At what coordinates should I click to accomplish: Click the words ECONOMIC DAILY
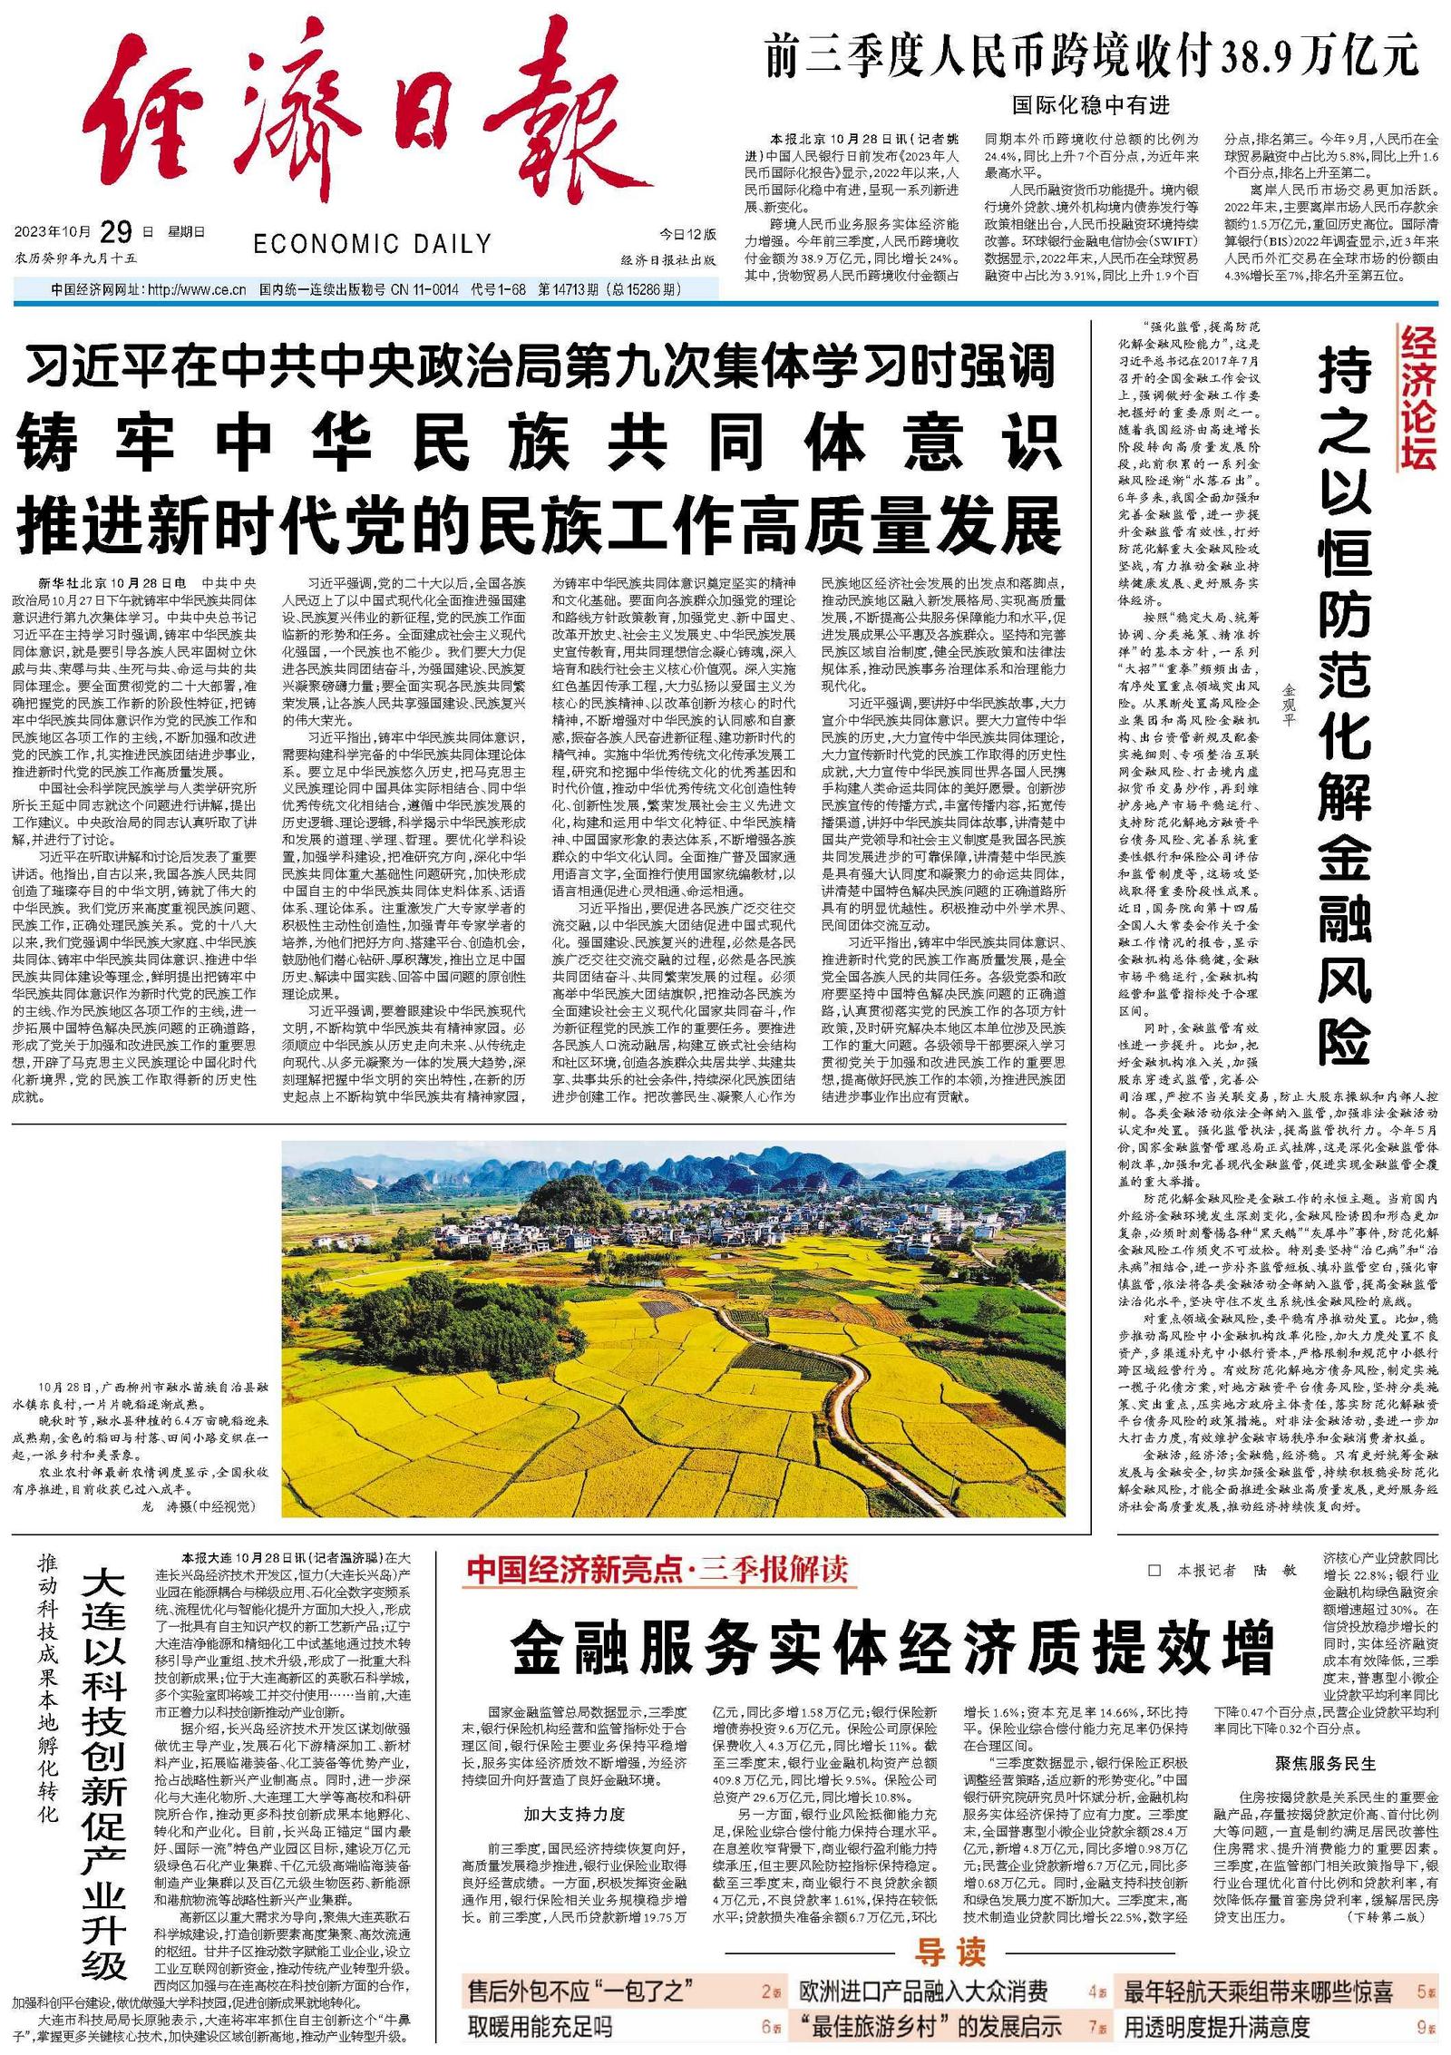(372, 244)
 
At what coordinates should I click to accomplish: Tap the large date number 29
(116, 232)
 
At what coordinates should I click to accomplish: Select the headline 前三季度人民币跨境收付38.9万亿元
(1091, 56)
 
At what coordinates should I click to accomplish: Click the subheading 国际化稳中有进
(1091, 105)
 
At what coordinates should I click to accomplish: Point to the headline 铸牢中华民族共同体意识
(539, 442)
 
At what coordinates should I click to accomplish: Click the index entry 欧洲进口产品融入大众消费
(923, 1992)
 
